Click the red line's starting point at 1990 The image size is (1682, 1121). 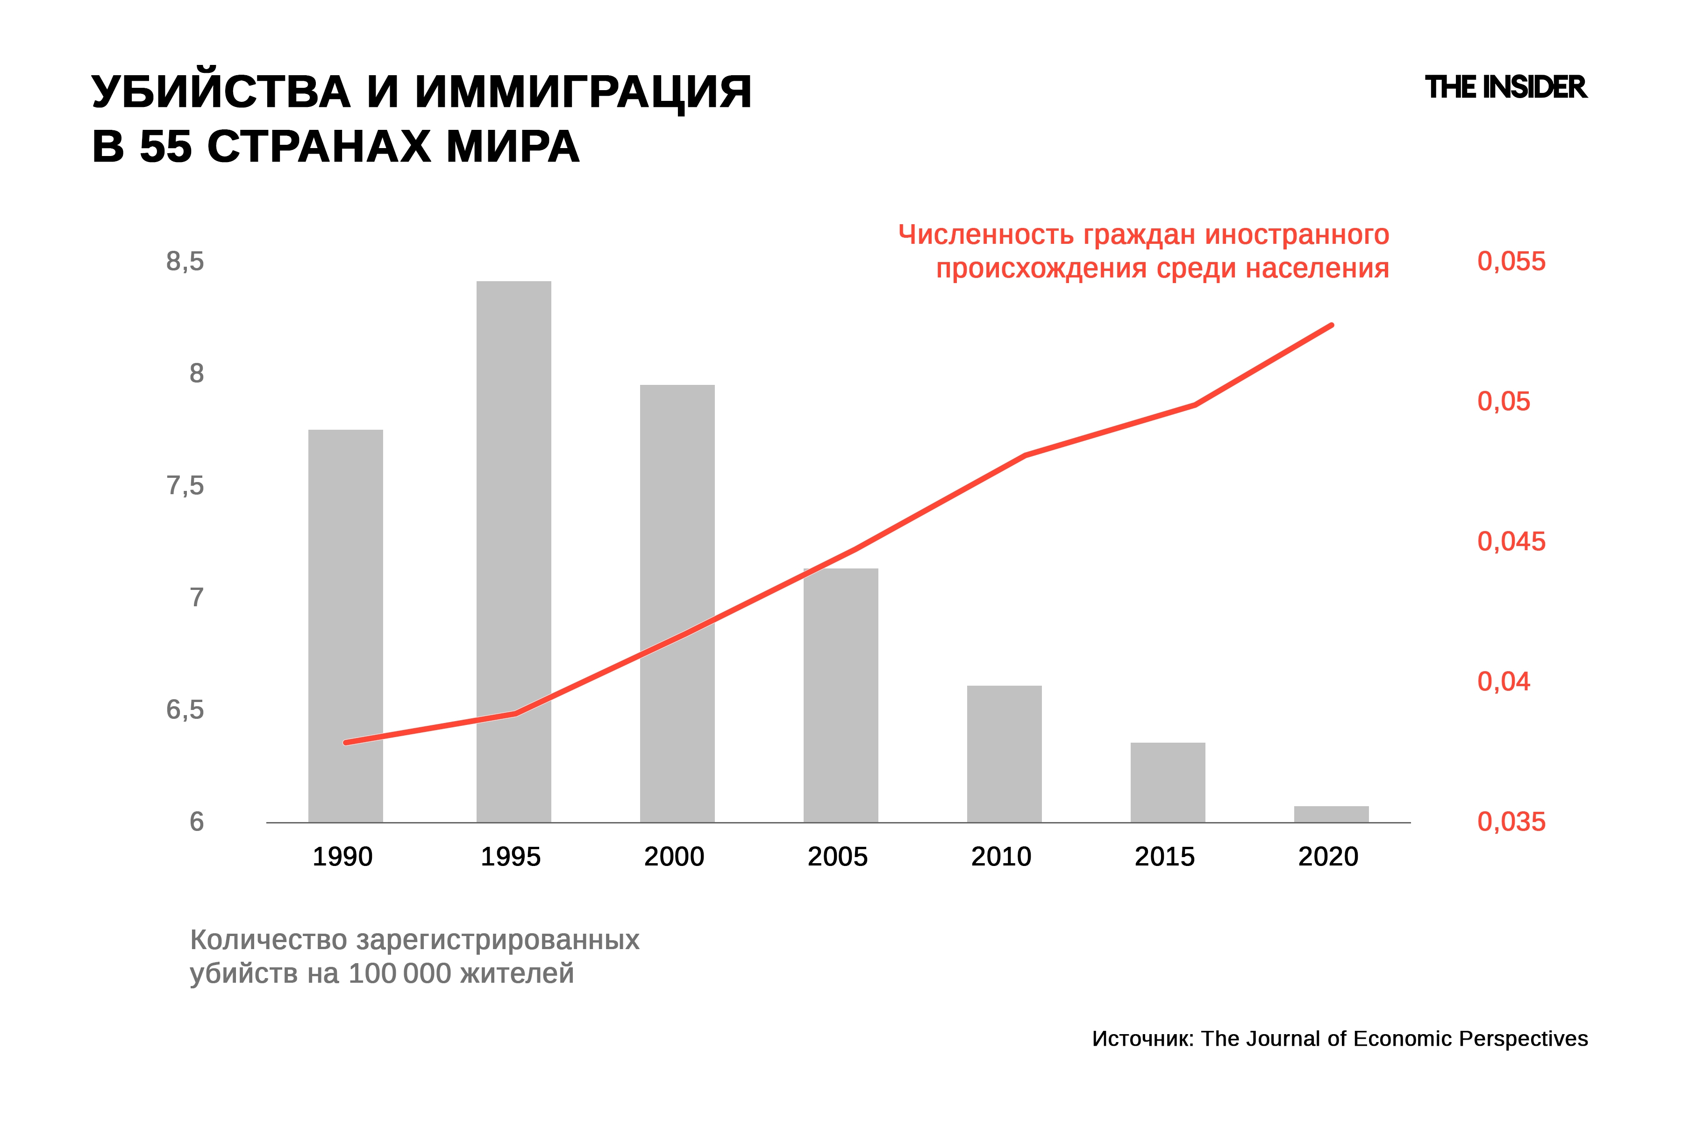coord(345,743)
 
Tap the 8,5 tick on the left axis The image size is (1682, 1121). coord(185,262)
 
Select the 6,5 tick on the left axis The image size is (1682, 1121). coord(185,710)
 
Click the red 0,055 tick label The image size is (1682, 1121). coord(1511,262)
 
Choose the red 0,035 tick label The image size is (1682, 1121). coord(1511,822)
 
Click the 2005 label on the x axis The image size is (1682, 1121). coord(837,857)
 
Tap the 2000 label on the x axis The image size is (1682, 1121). coord(674,857)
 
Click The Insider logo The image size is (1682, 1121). coord(1505,87)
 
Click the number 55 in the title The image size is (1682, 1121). coord(166,147)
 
